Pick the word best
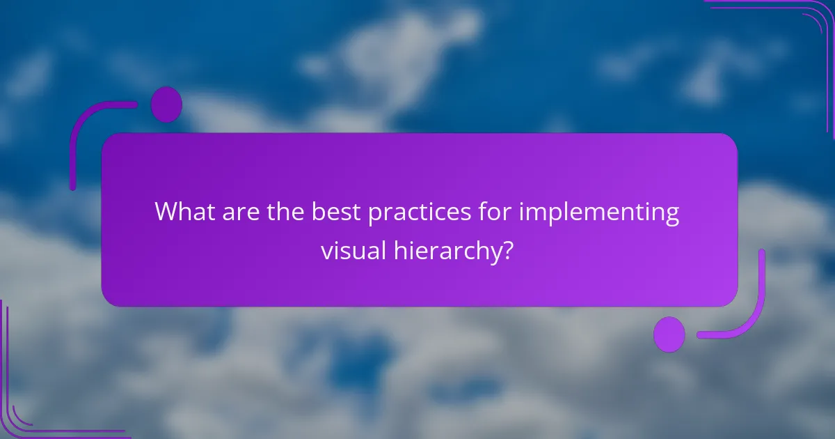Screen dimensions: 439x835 click(336, 211)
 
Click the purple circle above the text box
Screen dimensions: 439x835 click(166, 105)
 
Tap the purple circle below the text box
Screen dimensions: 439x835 click(669, 334)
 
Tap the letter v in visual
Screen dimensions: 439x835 click(326, 251)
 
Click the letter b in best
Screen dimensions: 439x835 click(319, 211)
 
